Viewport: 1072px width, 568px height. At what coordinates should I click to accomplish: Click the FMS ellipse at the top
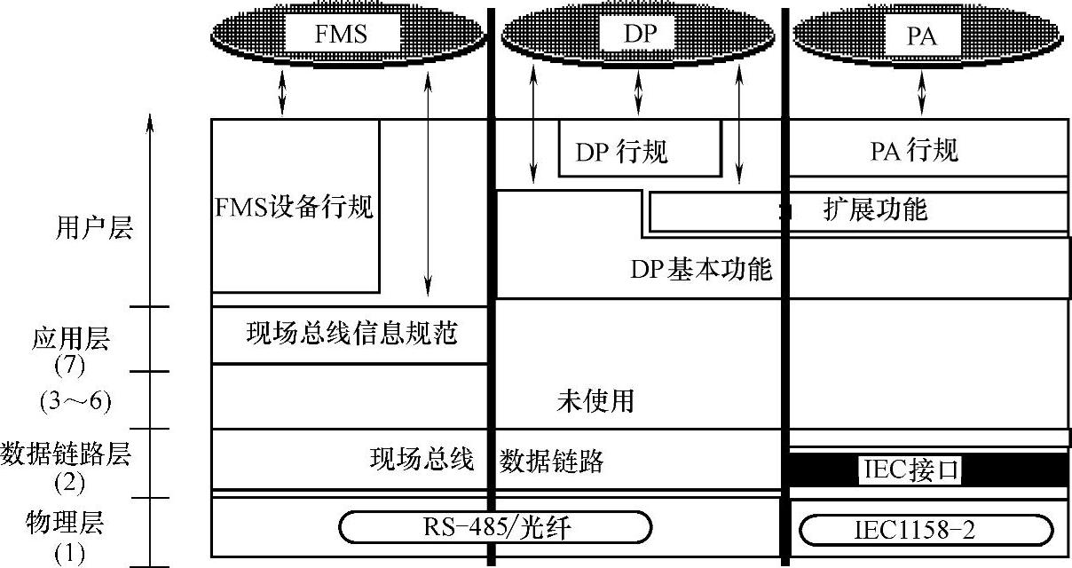point(348,35)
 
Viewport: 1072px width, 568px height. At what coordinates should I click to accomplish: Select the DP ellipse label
point(637,35)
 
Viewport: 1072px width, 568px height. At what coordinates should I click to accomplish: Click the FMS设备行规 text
point(295,209)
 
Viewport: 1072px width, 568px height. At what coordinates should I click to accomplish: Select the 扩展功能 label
point(874,210)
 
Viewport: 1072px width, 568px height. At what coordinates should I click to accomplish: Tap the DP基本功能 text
point(701,269)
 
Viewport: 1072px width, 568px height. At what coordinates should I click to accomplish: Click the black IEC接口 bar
point(923,469)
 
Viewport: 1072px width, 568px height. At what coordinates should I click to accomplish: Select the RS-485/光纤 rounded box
point(495,527)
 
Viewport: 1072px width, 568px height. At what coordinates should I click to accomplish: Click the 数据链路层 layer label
point(67,456)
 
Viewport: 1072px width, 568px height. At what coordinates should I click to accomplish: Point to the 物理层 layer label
point(68,523)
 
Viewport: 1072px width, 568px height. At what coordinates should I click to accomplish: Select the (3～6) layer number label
point(75,401)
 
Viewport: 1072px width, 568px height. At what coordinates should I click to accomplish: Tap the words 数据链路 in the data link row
point(551,461)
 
